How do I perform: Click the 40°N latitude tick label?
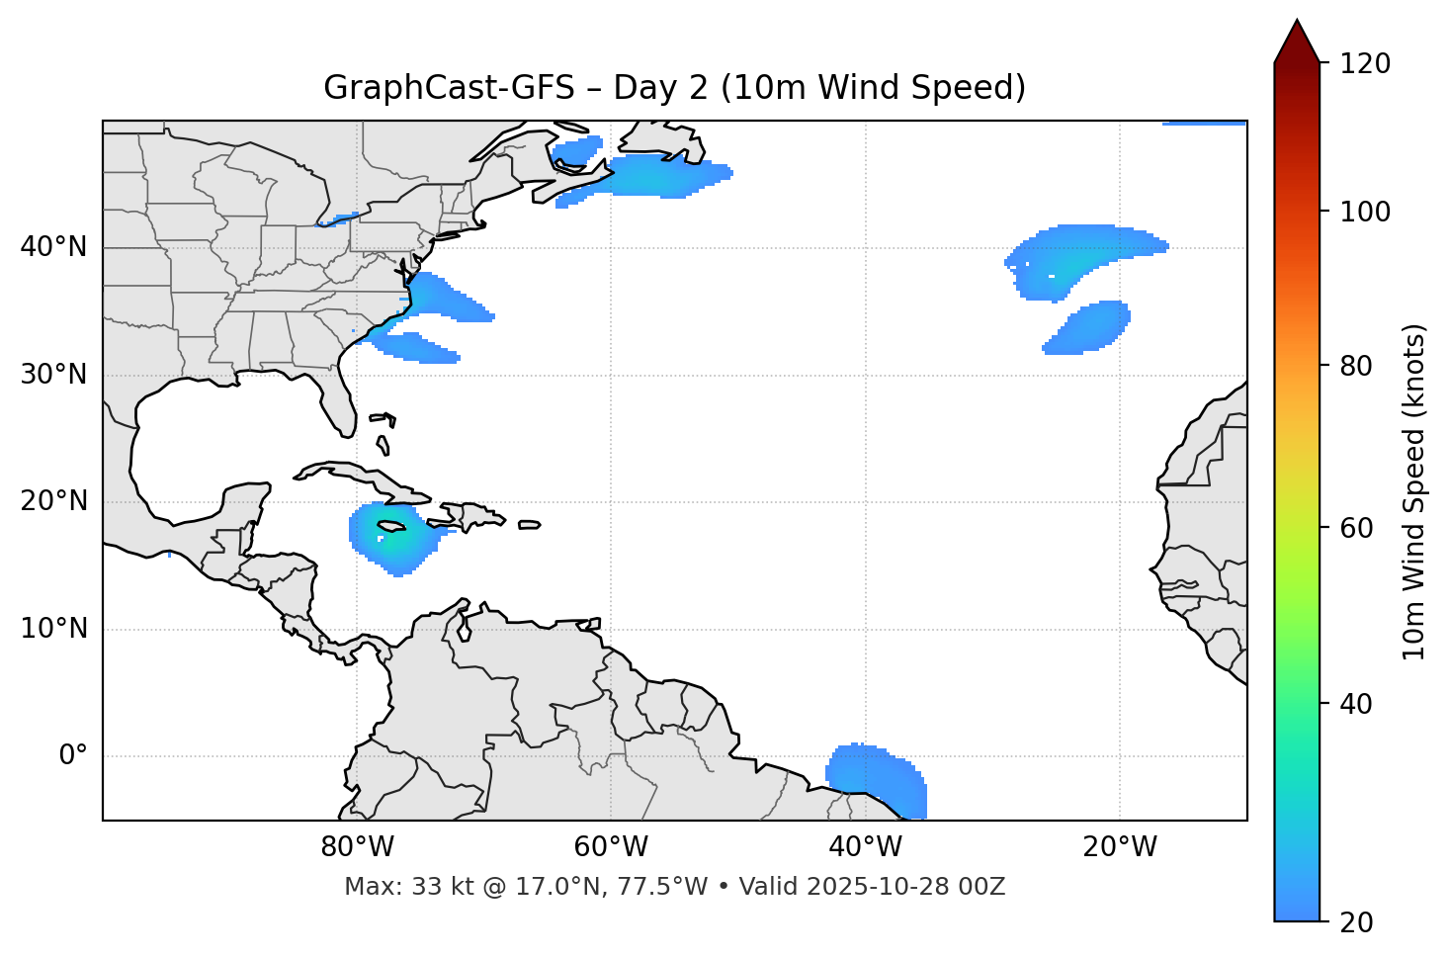pyautogui.click(x=53, y=247)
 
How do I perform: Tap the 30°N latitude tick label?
pyautogui.click(x=53, y=375)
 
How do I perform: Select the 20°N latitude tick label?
pyautogui.click(x=53, y=502)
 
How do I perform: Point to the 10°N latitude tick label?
pyautogui.click(x=53, y=629)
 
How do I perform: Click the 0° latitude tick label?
pyautogui.click(x=73, y=756)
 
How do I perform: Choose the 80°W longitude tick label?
pyautogui.click(x=357, y=847)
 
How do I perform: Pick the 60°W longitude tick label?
pyautogui.click(x=611, y=847)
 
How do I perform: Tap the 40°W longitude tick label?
pyautogui.click(x=865, y=847)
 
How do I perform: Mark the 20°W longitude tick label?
pyautogui.click(x=1119, y=847)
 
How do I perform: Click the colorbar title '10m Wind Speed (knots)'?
pyautogui.click(x=1414, y=492)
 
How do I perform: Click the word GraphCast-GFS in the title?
pyautogui.click(x=449, y=88)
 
